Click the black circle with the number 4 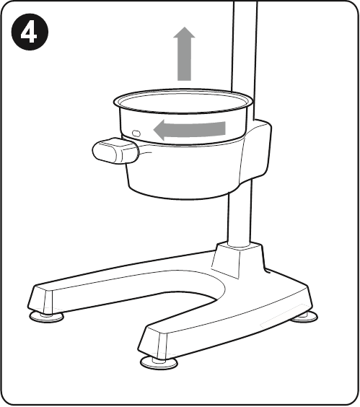click(30, 32)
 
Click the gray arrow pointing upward click(184, 53)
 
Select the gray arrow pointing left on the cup click(190, 129)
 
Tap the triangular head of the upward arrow click(184, 32)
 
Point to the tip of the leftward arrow click(154, 129)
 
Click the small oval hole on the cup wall click(136, 134)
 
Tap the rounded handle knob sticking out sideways click(115, 151)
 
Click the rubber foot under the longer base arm click(46, 317)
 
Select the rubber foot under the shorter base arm click(159, 362)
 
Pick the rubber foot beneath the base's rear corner click(304, 317)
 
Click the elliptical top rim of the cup click(183, 101)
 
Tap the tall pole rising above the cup click(245, 52)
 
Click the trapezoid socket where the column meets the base click(237, 260)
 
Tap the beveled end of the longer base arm click(40, 299)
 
